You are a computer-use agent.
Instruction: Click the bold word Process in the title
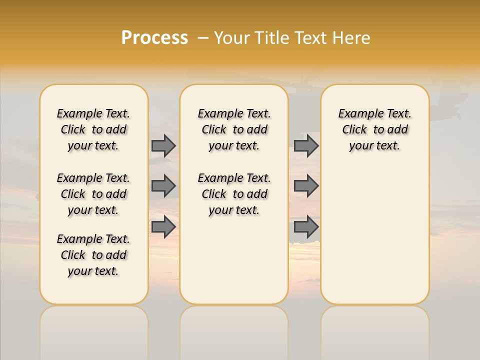154,38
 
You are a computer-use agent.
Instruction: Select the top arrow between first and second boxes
163,146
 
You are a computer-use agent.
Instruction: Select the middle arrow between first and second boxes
163,186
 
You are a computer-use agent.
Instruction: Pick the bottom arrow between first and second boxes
163,226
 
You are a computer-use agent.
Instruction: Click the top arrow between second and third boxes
306,146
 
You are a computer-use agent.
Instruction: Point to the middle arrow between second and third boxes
306,186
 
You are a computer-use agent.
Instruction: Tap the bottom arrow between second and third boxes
306,226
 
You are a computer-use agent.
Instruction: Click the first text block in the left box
93,130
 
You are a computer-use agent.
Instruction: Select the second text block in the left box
93,194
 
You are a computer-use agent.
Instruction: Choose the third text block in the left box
93,255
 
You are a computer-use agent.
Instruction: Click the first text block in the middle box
234,130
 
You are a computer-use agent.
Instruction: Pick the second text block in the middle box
234,194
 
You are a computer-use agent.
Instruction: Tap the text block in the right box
374,130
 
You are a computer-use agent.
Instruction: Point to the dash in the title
203,38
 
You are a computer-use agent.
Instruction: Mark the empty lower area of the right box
374,235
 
